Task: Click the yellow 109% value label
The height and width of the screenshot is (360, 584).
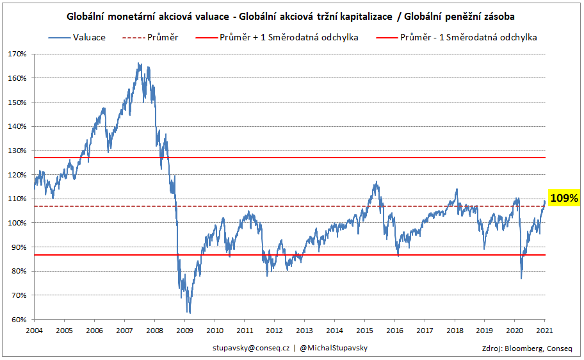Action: (x=564, y=199)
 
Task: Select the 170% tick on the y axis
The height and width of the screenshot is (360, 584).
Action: (x=17, y=54)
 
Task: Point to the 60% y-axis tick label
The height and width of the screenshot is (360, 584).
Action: (x=19, y=320)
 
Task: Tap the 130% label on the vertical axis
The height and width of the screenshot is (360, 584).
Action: (x=17, y=151)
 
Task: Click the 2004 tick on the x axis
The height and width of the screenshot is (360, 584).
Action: (x=34, y=331)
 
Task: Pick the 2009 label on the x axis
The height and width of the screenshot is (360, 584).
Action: (x=184, y=331)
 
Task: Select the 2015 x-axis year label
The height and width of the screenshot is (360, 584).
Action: (x=364, y=331)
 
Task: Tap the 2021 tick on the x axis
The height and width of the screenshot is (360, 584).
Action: (x=544, y=331)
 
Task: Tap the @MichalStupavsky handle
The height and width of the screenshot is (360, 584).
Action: (x=334, y=347)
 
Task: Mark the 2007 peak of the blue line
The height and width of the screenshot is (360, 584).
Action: (x=140, y=63)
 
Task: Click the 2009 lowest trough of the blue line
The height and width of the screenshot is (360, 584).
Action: (x=190, y=313)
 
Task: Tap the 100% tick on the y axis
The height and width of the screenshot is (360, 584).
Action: (x=17, y=223)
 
